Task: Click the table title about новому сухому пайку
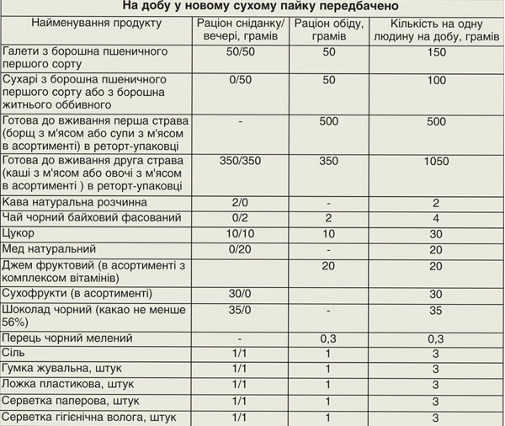pos(252,8)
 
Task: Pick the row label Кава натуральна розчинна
pos(75,203)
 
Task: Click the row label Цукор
pos(19,233)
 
